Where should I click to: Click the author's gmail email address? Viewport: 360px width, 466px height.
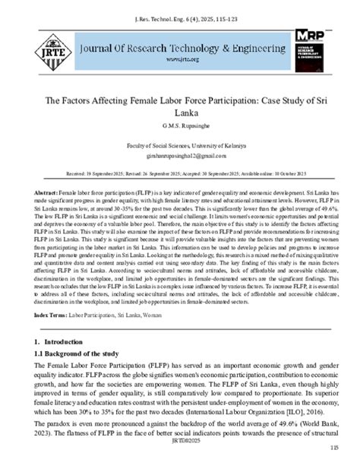pyautogui.click(x=180, y=154)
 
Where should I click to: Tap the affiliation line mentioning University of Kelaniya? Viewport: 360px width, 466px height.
pyautogui.click(x=180, y=144)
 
